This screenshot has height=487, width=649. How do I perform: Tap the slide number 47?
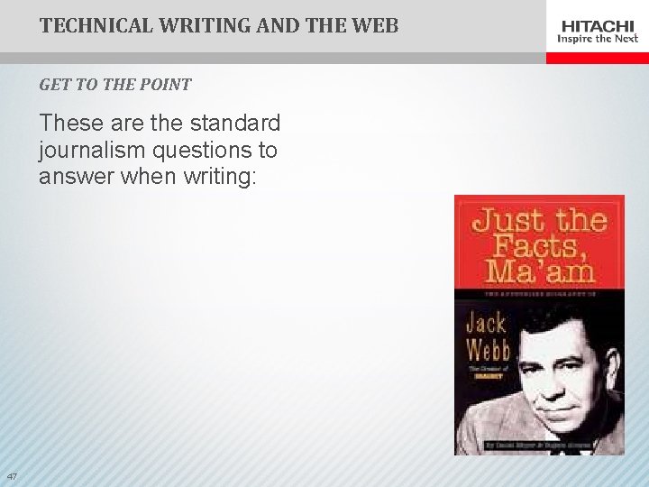click(12, 476)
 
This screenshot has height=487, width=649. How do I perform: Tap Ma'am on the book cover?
click(538, 271)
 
